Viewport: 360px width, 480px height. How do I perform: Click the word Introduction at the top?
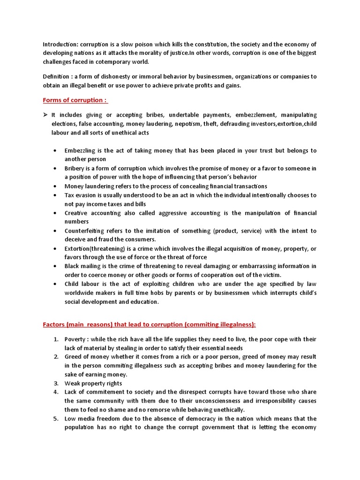point(59,44)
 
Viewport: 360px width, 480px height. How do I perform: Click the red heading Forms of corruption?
point(75,100)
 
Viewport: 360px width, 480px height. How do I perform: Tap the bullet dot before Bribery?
point(56,168)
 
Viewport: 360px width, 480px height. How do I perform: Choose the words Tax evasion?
point(82,195)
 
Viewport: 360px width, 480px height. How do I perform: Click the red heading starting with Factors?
point(150,325)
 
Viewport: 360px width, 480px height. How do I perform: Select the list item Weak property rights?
point(93,383)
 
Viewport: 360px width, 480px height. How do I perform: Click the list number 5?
point(55,419)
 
